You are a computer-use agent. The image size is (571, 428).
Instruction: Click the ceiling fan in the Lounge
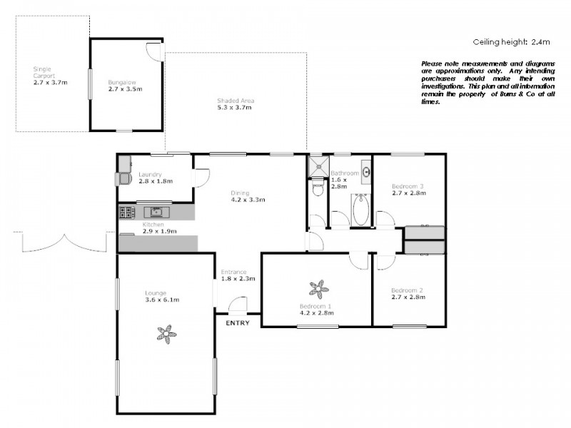tap(166, 334)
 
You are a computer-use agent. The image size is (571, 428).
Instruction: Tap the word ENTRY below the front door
tap(238, 323)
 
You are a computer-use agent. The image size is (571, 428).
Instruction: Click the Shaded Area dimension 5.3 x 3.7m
tap(236, 108)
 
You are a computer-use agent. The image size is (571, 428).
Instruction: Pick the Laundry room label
tap(150, 174)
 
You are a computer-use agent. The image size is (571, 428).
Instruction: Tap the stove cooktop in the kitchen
tap(127, 212)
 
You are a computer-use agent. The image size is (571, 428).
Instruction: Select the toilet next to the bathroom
tap(318, 188)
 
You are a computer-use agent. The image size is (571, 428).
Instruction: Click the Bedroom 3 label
tap(408, 186)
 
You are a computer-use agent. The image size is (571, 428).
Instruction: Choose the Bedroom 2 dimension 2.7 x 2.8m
tap(408, 297)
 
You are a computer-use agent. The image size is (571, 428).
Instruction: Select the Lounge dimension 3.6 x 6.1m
tap(161, 300)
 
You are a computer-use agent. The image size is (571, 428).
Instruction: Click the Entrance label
tap(233, 272)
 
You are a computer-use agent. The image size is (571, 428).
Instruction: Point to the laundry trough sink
tap(123, 176)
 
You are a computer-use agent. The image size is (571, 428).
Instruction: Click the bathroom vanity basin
tap(366, 172)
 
